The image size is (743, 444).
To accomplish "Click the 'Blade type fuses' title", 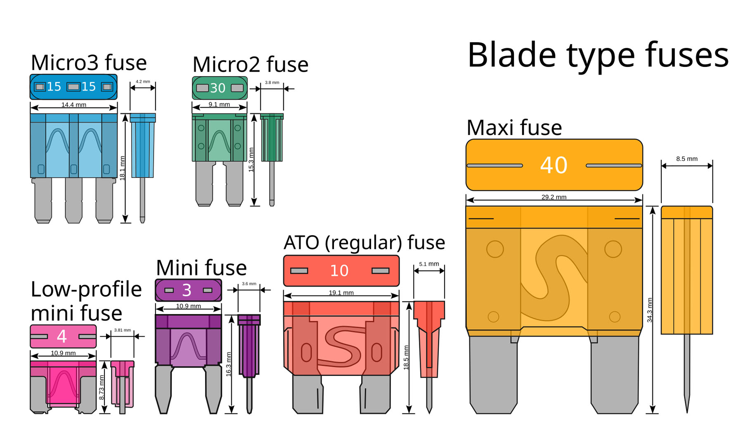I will (598, 55).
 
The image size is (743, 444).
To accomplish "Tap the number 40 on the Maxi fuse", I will (554, 165).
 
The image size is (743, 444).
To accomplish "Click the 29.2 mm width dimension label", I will (554, 197).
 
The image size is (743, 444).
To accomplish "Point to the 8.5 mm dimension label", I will (686, 159).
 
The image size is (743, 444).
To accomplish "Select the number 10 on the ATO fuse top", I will (339, 271).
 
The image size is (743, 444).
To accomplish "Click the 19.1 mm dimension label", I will (341, 293).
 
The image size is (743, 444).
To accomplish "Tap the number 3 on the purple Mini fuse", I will (187, 290).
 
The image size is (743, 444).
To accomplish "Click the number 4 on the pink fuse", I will (62, 336).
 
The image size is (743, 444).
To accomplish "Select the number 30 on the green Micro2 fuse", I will (218, 88).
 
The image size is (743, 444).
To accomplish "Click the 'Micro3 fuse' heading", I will (88, 63).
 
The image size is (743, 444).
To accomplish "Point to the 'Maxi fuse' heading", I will (514, 128).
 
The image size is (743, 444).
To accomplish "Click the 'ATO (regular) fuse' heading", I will (364, 243).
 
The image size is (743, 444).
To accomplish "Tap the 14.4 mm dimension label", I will (73, 105).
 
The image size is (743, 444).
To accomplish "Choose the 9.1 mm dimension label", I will (219, 104).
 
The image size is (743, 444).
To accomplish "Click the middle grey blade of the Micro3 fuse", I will (73, 200).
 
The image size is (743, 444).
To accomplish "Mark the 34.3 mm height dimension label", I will (650, 310).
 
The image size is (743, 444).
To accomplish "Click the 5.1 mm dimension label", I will (429, 264).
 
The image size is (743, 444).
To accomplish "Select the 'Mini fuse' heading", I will (201, 268).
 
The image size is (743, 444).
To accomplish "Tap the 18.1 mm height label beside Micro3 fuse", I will (122, 168).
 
